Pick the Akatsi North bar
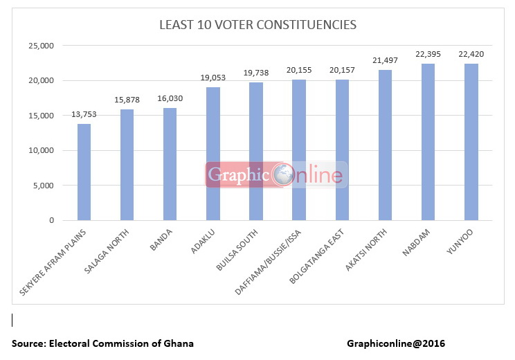coord(385,145)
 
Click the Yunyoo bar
coord(471,142)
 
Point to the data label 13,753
coord(84,116)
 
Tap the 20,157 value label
coord(342,71)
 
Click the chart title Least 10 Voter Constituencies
coord(257,25)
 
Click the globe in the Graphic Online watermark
coord(283,175)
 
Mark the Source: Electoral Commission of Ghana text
coord(102,343)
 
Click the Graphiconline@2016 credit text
coord(397,343)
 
